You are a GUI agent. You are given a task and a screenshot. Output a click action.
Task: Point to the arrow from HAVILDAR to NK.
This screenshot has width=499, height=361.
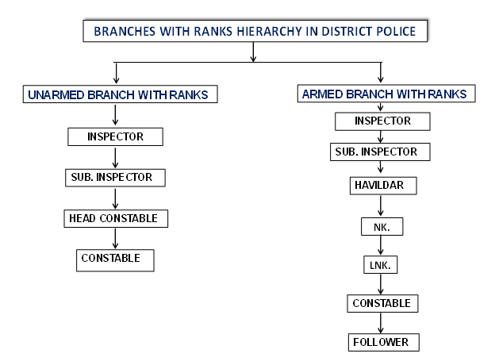click(x=381, y=206)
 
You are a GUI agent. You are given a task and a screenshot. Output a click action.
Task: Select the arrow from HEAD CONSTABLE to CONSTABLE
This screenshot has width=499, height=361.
click(x=115, y=239)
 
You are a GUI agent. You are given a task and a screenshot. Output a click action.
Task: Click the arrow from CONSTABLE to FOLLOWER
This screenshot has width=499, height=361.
click(x=381, y=323)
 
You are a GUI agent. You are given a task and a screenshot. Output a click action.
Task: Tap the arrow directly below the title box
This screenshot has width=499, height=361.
click(x=253, y=52)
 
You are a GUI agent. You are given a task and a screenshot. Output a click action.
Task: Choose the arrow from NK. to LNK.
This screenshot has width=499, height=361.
click(x=381, y=245)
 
